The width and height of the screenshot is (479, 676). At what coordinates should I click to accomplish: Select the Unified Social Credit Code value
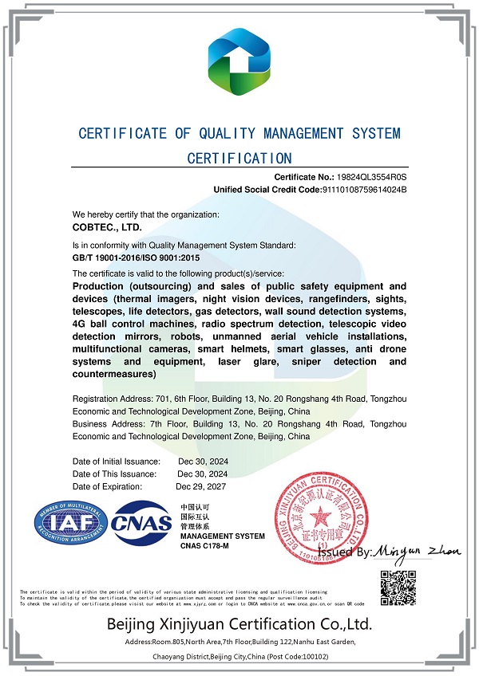coord(364,190)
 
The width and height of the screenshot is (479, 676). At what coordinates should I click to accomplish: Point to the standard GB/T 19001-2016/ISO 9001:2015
coord(136,259)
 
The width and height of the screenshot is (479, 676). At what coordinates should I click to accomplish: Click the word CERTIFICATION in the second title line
coord(239,158)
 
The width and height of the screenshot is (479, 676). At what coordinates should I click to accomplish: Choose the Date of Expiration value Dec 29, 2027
coord(202,486)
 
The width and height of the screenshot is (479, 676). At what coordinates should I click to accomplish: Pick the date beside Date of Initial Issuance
coord(202,462)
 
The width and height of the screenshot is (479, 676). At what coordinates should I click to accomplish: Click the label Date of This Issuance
coord(114,474)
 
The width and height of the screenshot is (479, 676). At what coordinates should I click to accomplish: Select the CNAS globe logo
coord(142,524)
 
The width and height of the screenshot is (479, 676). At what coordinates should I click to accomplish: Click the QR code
coord(397,588)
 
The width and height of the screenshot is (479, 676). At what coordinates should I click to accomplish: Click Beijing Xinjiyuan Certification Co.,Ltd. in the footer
coord(239,623)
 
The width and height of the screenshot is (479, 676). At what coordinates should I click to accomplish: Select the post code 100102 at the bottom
coord(307,657)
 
